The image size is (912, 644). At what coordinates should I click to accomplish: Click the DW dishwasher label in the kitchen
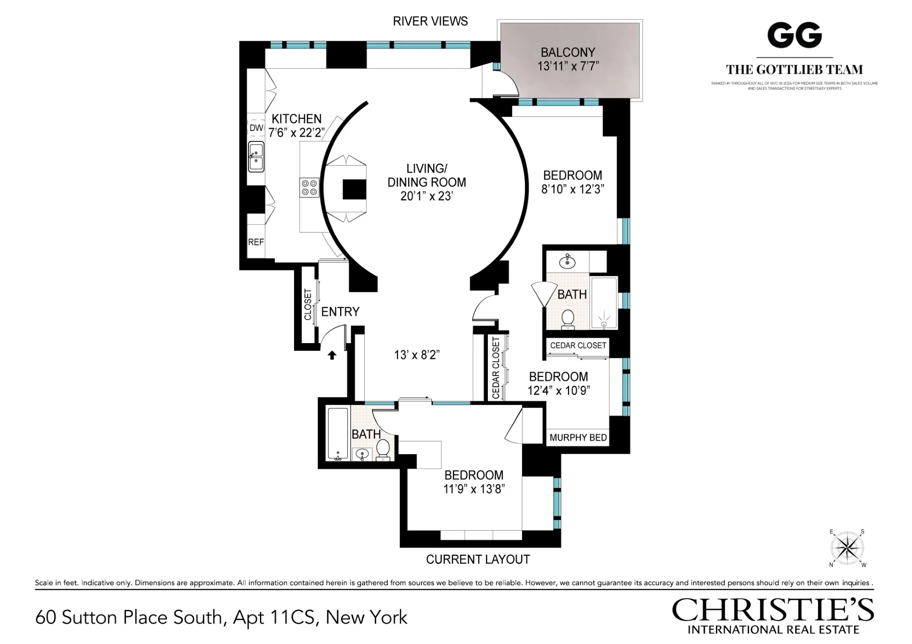[x=256, y=128]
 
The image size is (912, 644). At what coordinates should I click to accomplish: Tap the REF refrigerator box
[x=256, y=242]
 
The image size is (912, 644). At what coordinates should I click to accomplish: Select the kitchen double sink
[x=256, y=157]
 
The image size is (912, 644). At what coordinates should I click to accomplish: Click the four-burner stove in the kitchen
[x=309, y=187]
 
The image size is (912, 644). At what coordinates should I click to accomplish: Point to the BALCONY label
[x=568, y=52]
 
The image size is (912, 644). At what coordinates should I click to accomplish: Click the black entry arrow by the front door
[x=332, y=355]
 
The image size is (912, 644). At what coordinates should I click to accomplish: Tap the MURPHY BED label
[x=578, y=438]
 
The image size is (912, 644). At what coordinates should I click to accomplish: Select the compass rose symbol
[x=847, y=549]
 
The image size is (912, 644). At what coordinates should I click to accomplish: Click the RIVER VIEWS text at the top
[x=430, y=21]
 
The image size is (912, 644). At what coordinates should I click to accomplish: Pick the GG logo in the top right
[x=794, y=36]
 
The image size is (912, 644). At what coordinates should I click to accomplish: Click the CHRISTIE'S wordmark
[x=773, y=610]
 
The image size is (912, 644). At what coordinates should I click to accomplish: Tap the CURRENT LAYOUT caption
[x=478, y=560]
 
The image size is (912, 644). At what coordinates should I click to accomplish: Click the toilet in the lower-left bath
[x=383, y=448]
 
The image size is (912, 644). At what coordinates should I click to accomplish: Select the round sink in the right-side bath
[x=567, y=261]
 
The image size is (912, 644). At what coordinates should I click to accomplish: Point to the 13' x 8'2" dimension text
[x=417, y=355]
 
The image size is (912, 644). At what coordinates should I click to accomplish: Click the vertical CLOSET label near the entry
[x=308, y=304]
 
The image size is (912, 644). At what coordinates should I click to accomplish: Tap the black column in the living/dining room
[x=354, y=189]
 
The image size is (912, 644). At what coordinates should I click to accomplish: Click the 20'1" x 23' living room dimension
[x=426, y=196]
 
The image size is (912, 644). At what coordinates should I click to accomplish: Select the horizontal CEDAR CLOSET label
[x=578, y=345]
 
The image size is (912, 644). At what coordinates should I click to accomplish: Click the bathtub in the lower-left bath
[x=338, y=434]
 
